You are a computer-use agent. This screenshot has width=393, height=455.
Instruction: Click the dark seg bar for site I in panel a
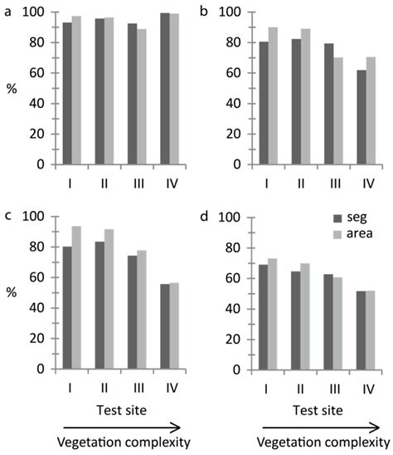66,93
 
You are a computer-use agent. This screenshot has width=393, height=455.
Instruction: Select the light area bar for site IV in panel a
174,89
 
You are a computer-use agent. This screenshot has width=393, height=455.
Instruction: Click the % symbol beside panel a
10,88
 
